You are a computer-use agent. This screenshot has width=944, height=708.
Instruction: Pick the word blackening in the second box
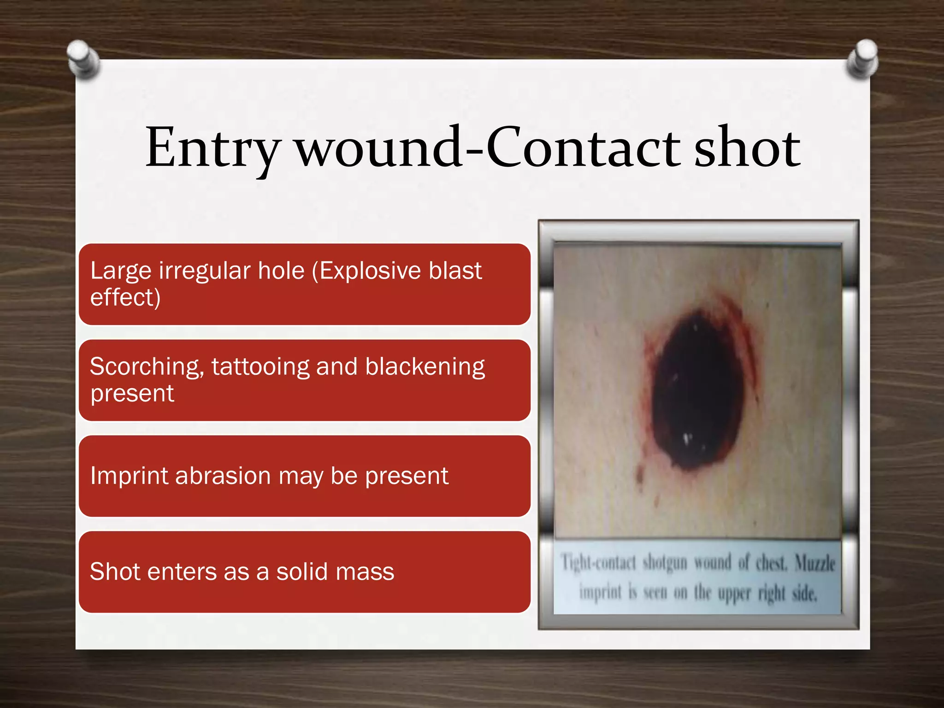click(x=425, y=367)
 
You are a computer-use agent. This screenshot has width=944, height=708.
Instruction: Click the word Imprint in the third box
click(x=129, y=476)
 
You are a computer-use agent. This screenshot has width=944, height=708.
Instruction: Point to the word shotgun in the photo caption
click(x=664, y=563)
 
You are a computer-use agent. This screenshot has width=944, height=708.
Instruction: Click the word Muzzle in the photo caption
click(x=815, y=563)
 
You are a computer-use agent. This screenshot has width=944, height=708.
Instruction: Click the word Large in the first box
click(x=120, y=271)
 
